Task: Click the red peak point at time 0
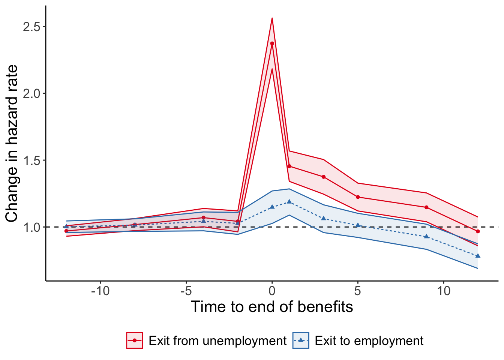point(272,43)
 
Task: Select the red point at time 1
point(289,166)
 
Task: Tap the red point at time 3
point(323,177)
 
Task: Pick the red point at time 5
point(358,197)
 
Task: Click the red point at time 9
point(426,207)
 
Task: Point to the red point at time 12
point(478,231)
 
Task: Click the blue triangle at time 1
point(289,202)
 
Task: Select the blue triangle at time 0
point(272,207)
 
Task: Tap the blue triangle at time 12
point(478,256)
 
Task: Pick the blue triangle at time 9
point(426,236)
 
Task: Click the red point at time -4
point(203,217)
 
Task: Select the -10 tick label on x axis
point(100,291)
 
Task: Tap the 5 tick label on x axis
point(358,291)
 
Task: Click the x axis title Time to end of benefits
point(272,307)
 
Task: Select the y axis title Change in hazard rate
point(12,143)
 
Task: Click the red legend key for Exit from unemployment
point(134,340)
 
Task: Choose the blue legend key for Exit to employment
point(301,340)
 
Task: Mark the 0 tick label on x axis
point(272,291)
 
